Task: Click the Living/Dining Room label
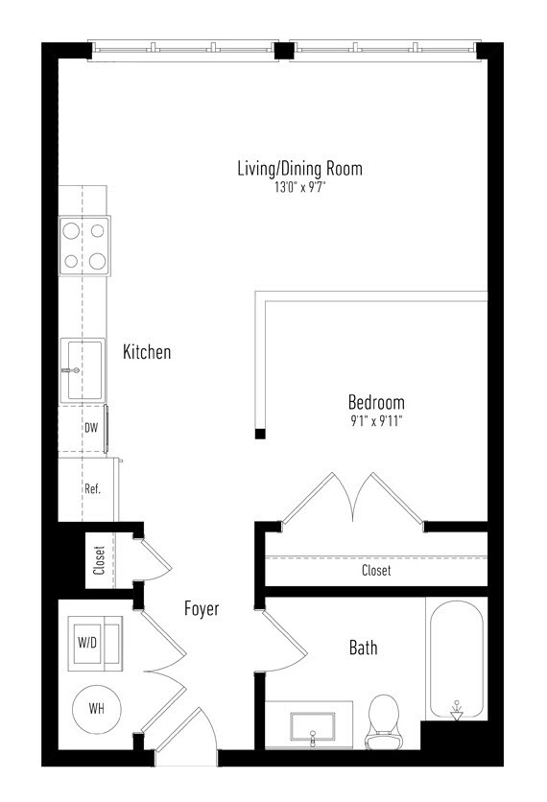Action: click(299, 168)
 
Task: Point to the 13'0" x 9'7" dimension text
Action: click(299, 187)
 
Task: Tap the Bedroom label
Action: click(376, 403)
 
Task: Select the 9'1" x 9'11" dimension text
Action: click(376, 421)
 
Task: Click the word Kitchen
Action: click(147, 352)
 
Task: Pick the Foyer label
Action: click(202, 608)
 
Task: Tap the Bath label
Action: click(364, 648)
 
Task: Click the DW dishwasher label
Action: click(91, 428)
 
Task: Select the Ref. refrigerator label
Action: click(93, 488)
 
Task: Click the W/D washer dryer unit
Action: click(95, 644)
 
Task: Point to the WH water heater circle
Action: click(97, 709)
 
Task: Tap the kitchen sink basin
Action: click(83, 369)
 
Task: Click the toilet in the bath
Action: click(382, 721)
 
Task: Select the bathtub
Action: click(457, 660)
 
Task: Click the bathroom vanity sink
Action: click(313, 726)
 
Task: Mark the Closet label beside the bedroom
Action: click(376, 570)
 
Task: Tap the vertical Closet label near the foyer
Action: click(99, 560)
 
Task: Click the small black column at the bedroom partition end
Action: click(260, 434)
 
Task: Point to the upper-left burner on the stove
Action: click(71, 231)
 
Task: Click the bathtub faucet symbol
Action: click(457, 711)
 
